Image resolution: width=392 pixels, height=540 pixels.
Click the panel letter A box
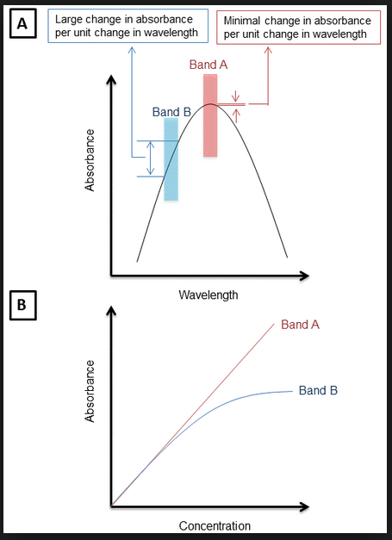[22, 24]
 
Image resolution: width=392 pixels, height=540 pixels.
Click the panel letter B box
[22, 305]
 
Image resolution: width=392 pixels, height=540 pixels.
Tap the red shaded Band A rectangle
[210, 115]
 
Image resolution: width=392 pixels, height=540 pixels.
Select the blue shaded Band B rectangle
[171, 159]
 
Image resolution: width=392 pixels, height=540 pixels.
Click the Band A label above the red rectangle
[208, 65]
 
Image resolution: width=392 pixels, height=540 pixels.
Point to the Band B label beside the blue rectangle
[171, 112]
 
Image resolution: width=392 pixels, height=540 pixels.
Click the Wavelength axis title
[208, 295]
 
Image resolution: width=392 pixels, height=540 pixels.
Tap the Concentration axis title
[215, 526]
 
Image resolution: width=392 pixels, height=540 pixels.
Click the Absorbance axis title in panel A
[90, 160]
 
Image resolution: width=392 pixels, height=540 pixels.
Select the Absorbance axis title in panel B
[90, 391]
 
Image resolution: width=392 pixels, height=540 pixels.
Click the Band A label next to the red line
[300, 325]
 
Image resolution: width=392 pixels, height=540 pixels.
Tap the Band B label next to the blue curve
[318, 390]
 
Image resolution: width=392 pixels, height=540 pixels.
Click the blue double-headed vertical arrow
[150, 158]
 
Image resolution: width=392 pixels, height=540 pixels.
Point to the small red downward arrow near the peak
[236, 96]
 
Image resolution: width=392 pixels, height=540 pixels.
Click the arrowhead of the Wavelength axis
[304, 276]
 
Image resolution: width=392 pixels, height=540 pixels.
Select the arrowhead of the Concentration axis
[304, 506]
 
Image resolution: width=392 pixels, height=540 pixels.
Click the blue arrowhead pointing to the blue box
[132, 50]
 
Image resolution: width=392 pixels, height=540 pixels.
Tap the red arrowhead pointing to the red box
[268, 50]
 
